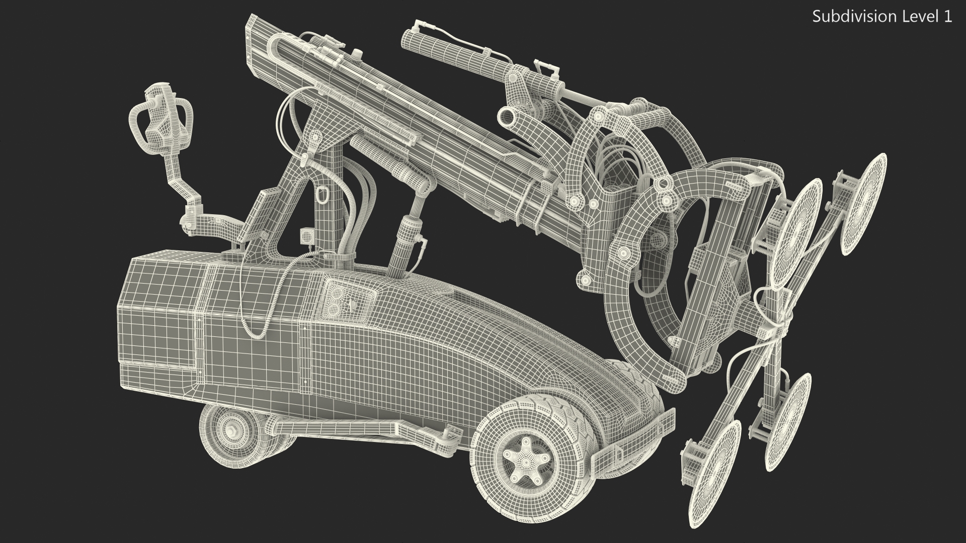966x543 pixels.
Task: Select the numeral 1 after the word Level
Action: pyautogui.click(x=947, y=17)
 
